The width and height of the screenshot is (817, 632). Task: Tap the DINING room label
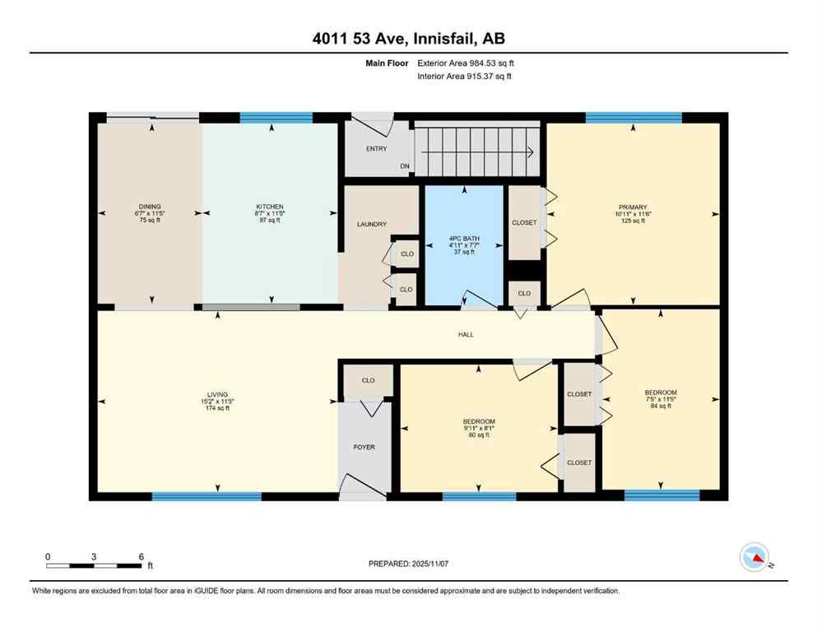tap(150, 207)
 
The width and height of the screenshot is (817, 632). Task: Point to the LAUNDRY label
tap(371, 224)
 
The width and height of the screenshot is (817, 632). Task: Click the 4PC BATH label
tap(464, 239)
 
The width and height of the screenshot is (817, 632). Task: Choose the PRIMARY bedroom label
tap(634, 207)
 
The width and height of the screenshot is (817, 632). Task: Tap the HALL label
tap(467, 334)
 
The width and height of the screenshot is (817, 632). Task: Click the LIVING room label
tap(218, 394)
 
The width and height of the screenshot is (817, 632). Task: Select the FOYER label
tap(364, 447)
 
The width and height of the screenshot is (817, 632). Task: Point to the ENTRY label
tap(376, 148)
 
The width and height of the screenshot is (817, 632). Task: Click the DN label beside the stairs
tap(405, 166)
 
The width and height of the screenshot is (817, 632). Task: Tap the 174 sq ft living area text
tap(218, 408)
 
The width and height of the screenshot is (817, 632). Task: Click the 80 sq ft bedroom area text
tap(479, 435)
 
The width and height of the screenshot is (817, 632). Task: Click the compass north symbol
tap(754, 558)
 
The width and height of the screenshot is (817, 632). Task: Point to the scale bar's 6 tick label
tap(141, 556)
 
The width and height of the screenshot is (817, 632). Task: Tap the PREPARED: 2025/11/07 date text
tap(408, 564)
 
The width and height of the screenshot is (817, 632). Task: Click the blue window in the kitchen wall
tap(276, 117)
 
